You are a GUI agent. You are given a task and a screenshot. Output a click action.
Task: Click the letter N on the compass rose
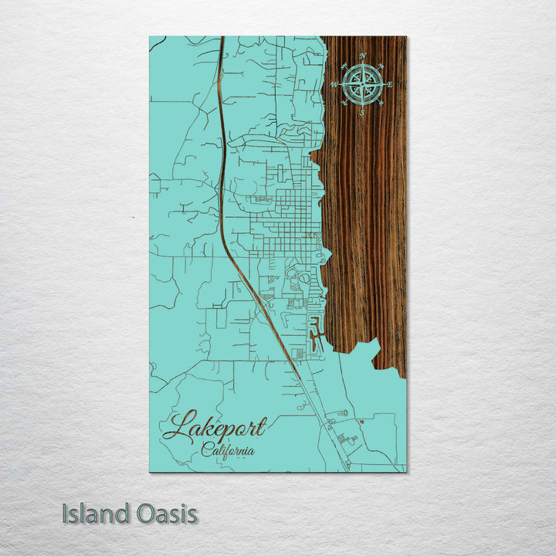tap(361, 56)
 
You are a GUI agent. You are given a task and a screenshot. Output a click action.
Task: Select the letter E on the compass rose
tap(390, 85)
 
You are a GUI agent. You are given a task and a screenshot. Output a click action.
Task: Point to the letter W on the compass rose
tap(333, 85)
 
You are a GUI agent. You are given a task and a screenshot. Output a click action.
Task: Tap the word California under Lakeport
tap(229, 449)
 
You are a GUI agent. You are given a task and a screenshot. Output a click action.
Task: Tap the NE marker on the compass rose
tap(381, 66)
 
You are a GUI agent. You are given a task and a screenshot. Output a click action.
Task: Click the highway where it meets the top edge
tap(222, 39)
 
